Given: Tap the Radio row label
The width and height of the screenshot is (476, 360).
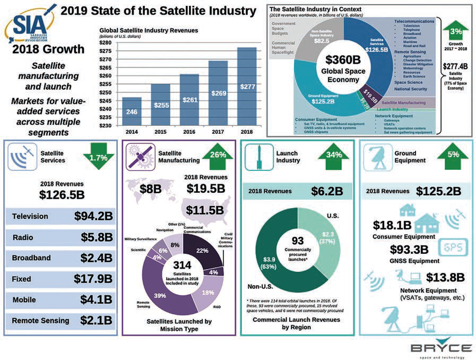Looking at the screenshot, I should [x=22, y=237].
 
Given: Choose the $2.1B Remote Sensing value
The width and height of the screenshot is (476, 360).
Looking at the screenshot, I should [x=96, y=320].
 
